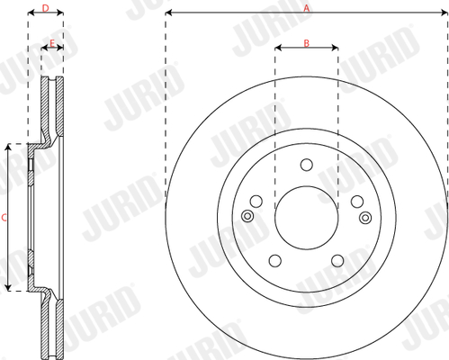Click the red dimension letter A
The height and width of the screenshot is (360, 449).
306,8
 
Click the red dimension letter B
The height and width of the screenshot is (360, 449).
306,43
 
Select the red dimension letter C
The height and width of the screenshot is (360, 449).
4,218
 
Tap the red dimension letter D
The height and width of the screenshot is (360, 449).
45,8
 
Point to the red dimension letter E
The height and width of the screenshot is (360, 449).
52,43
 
